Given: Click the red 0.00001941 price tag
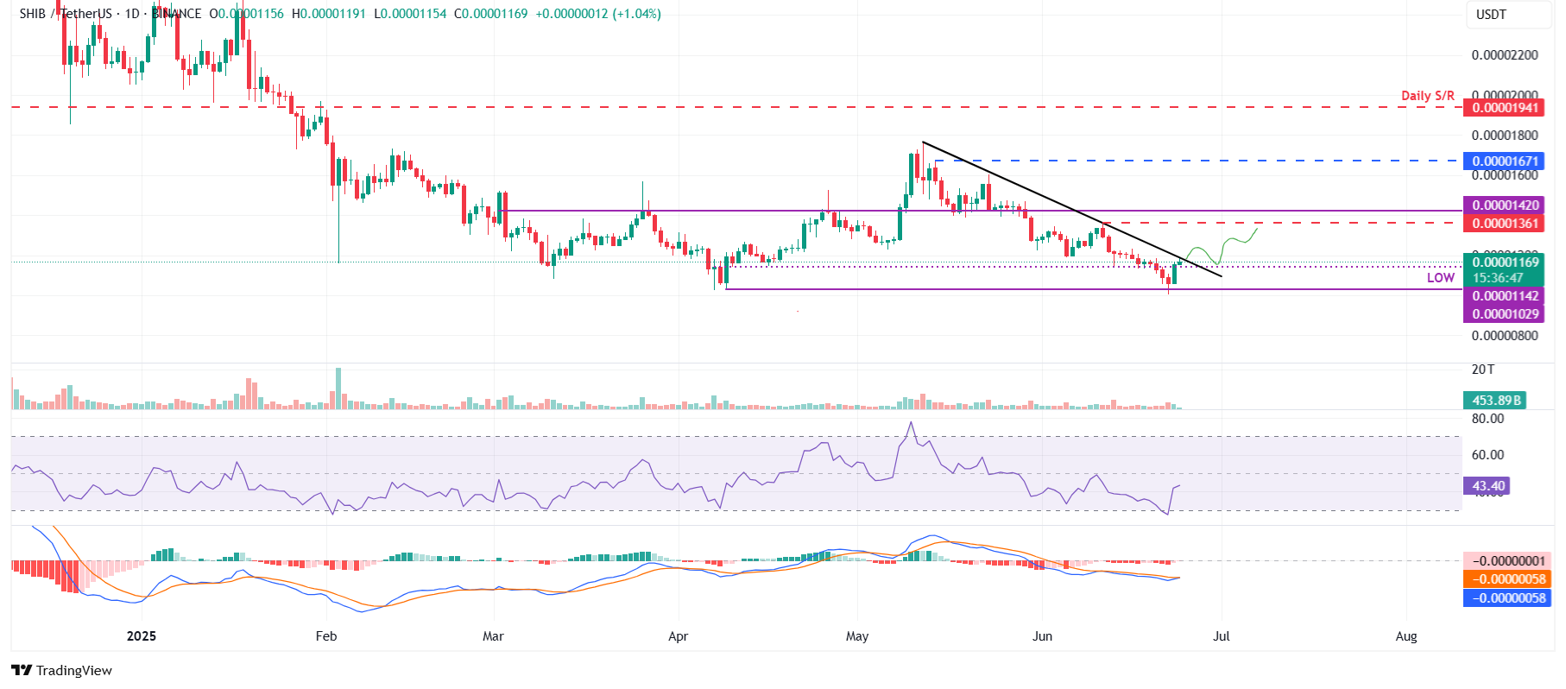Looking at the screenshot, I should coord(1505,108).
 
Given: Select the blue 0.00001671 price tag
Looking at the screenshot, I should coord(1505,161).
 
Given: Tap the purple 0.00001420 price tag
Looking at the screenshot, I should coord(1505,205).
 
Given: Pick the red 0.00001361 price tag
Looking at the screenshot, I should coord(1505,224).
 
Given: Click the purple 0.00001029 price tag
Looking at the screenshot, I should coord(1505,314).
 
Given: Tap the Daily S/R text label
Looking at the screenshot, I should coord(1427,96).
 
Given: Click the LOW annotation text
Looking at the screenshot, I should coord(1440,278).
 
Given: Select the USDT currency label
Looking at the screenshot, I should coord(1491,15).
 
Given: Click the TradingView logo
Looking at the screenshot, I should coord(62,671).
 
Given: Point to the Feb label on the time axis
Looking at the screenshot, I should coord(326,636).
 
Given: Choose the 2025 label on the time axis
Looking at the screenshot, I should coord(142,636).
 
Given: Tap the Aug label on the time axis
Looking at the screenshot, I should coord(1406,636).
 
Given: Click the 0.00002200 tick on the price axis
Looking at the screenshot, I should coord(1505,55).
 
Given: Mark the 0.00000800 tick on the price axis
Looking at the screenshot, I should coord(1505,336).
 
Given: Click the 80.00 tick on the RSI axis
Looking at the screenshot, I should coord(1487,419).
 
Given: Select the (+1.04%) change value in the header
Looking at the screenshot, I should coord(636,14).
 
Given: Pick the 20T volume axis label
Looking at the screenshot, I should coord(1483,370).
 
